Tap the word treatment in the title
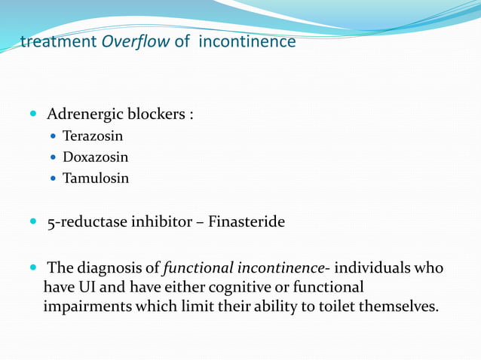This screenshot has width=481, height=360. coord(58,42)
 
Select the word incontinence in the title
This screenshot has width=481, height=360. coord(247,42)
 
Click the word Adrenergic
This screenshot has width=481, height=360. coord(81,115)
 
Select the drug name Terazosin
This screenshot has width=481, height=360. coord(93,137)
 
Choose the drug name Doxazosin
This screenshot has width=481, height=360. coord(96,158)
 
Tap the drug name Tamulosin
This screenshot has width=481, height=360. coord(96,179)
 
